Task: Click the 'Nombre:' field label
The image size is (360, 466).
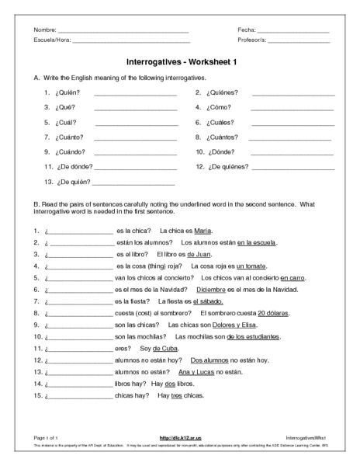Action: click(x=45, y=30)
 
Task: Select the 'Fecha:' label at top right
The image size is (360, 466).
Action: click(x=247, y=30)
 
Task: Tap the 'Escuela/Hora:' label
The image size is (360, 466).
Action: click(x=51, y=40)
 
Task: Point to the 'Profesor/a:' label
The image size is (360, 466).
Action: click(x=251, y=40)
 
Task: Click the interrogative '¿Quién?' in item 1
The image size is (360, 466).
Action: click(x=67, y=92)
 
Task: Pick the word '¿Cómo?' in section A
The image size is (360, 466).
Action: click(x=220, y=107)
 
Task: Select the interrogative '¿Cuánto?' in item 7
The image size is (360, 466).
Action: click(x=68, y=137)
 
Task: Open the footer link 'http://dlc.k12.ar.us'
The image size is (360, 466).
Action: click(x=179, y=439)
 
